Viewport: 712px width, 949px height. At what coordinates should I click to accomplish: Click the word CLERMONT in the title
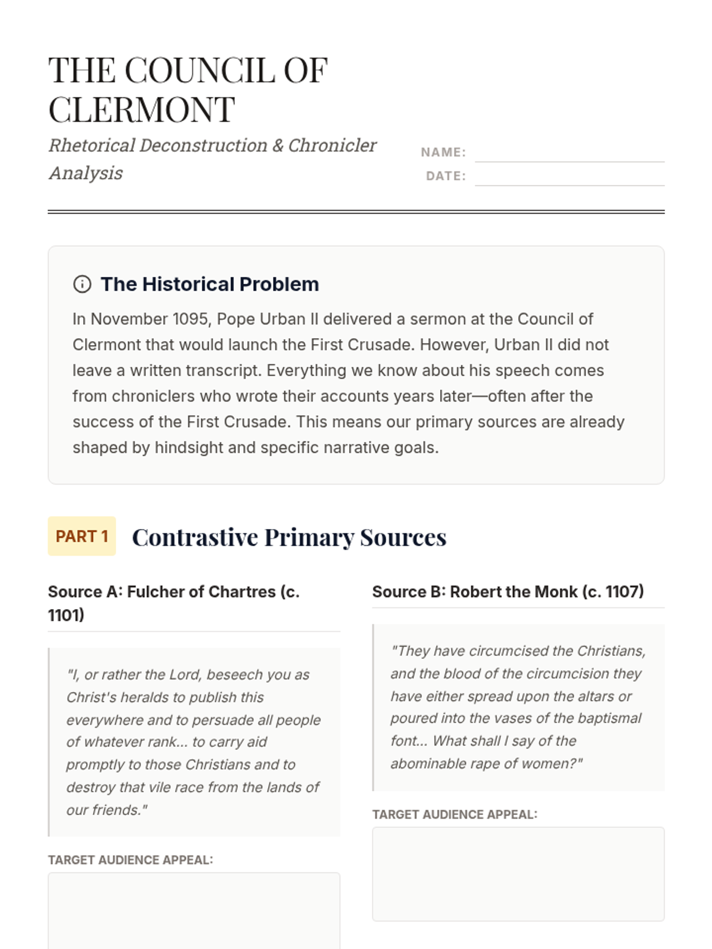[x=142, y=110]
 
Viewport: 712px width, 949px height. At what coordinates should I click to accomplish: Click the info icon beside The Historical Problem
[x=82, y=285]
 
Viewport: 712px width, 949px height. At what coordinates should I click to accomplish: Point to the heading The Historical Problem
[x=209, y=284]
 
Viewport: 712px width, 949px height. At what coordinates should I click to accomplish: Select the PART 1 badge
[x=82, y=536]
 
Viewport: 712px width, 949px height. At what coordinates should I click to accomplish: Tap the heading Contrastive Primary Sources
[x=289, y=537]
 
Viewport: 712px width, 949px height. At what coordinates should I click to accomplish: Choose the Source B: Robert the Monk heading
[x=508, y=592]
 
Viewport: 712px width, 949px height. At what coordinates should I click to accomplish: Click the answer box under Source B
[x=518, y=874]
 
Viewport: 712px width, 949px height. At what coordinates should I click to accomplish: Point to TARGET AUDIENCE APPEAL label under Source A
[x=131, y=860]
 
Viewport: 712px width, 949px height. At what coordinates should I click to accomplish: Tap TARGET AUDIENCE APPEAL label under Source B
[x=455, y=815]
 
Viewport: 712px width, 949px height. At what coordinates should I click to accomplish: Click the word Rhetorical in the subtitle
[x=93, y=145]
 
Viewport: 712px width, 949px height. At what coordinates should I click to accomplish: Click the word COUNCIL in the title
[x=201, y=70]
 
